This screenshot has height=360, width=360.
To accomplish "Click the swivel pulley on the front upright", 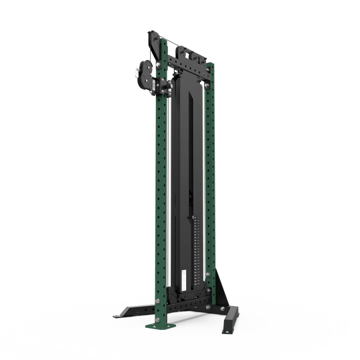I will pos(143,73).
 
